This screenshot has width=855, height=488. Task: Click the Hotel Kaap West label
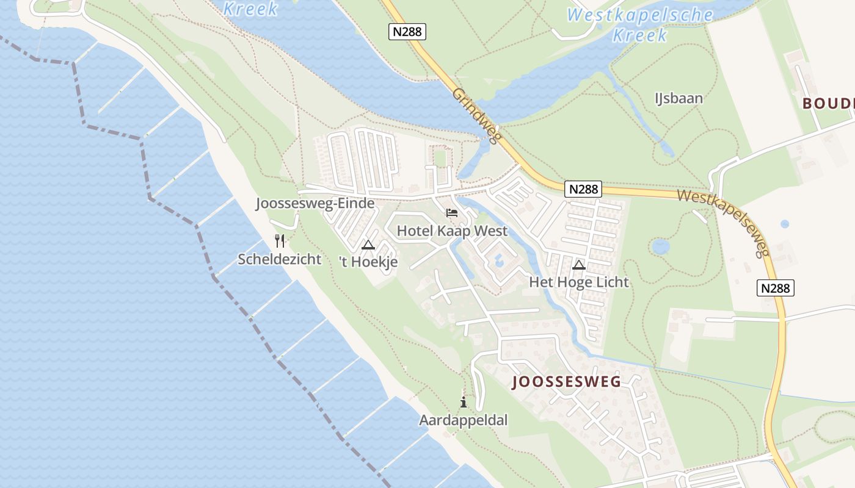452,231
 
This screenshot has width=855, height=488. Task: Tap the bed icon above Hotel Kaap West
452,213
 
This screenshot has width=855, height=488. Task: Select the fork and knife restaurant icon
280,241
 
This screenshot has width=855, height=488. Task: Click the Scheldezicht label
279,259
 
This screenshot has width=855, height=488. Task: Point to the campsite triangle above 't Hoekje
368,245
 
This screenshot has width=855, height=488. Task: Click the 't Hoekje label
368,262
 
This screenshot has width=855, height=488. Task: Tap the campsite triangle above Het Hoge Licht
579,265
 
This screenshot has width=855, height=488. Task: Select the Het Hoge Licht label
578,282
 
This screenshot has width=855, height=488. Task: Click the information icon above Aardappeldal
464,402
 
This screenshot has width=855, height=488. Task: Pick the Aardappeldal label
463,420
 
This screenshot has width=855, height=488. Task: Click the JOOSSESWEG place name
566,382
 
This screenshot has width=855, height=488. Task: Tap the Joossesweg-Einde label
315,204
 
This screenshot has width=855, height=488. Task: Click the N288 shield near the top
407,32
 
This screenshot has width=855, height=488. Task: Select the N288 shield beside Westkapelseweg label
583,189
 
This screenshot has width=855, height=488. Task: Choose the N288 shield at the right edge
776,287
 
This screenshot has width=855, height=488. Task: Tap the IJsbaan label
679,98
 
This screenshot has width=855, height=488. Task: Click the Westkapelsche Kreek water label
639,24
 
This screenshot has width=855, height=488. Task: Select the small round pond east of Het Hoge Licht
660,246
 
